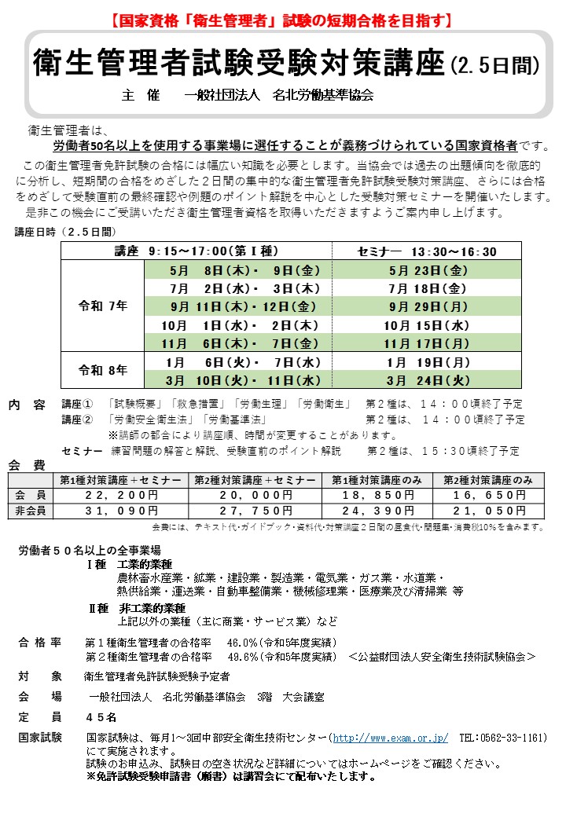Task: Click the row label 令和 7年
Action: click(x=102, y=306)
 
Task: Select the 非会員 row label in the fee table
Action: click(x=31, y=511)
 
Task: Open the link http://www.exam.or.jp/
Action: click(x=390, y=738)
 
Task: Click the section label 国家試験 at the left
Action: click(x=40, y=738)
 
